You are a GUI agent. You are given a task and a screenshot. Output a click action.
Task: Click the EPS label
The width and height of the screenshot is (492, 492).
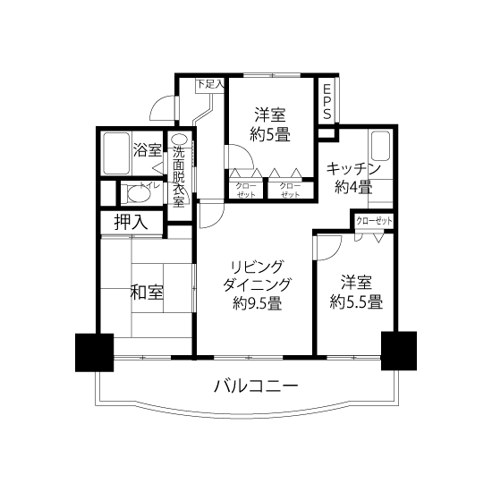click(327, 102)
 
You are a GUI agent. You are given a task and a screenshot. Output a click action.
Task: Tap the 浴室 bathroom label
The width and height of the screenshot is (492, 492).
click(148, 150)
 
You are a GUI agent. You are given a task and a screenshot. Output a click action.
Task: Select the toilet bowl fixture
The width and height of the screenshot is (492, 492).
click(138, 193)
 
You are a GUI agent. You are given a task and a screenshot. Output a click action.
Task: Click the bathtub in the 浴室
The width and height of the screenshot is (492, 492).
click(116, 154)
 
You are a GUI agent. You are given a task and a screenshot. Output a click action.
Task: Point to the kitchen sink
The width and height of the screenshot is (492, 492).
click(380, 147)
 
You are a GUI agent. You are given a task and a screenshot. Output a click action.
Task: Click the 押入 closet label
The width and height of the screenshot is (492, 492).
click(131, 222)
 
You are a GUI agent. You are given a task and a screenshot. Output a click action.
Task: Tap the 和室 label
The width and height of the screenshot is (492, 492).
click(147, 292)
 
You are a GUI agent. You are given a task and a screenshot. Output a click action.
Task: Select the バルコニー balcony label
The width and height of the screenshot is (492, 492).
click(256, 386)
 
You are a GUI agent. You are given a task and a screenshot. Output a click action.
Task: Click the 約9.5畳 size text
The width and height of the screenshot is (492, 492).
click(257, 303)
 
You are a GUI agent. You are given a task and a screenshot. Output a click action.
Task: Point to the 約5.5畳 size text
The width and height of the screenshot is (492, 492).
click(356, 302)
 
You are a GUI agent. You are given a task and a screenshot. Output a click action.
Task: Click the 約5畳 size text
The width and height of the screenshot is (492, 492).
click(270, 135)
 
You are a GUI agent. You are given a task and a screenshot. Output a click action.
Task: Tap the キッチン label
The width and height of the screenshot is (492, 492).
click(353, 169)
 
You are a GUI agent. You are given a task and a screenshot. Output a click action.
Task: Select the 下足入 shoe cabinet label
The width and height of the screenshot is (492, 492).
click(210, 84)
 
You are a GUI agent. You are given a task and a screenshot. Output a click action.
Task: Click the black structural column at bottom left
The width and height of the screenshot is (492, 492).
click(95, 352)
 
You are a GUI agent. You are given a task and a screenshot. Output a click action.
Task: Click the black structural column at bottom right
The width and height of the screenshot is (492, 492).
click(399, 351)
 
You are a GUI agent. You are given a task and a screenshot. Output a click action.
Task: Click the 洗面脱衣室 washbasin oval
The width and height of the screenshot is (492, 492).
click(179, 140)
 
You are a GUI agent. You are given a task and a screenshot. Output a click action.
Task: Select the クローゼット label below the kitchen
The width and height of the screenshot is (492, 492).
click(374, 221)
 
